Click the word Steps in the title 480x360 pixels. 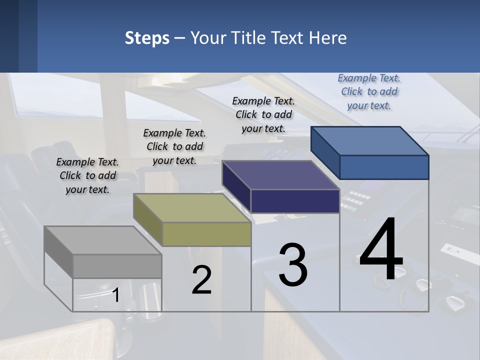(147, 38)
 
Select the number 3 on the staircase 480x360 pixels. (293, 265)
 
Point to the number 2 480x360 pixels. (201, 280)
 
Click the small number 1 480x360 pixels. (115, 295)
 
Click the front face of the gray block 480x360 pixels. (117, 266)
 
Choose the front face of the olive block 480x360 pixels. (206, 234)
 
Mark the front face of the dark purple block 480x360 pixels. (295, 201)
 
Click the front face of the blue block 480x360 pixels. (384, 167)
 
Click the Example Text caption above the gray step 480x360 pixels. (87, 175)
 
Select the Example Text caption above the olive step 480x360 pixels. (174, 146)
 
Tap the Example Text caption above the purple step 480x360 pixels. (263, 114)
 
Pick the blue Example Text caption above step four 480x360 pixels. (369, 91)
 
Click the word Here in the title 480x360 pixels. (328, 38)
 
